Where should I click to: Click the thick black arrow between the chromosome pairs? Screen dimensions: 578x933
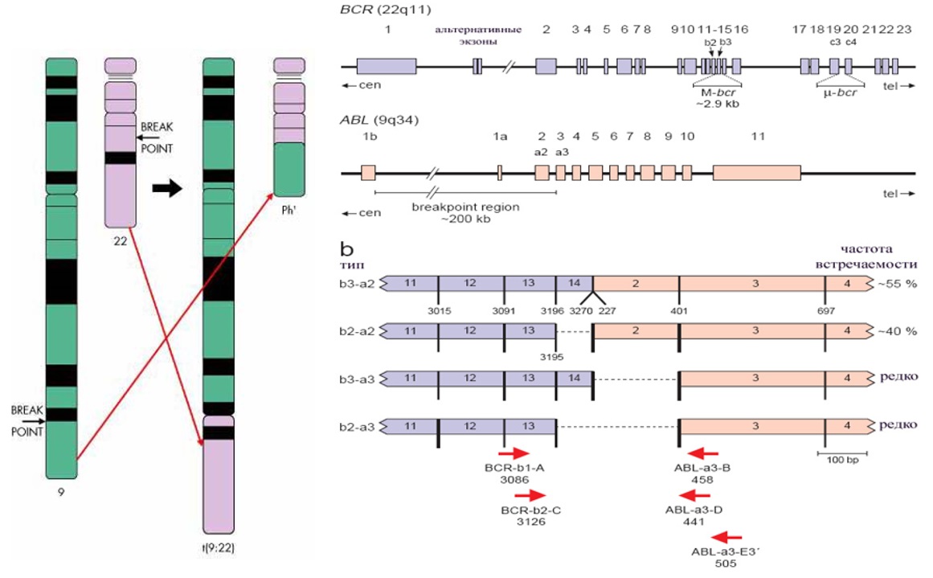pos(167,187)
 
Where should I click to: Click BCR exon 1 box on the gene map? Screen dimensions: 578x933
pos(387,67)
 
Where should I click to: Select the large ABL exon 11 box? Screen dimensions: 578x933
pos(756,172)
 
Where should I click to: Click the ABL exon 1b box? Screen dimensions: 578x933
pos(368,172)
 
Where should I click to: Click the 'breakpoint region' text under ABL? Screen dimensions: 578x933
pos(465,207)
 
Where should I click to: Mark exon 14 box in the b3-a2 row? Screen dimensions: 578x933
pos(573,285)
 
